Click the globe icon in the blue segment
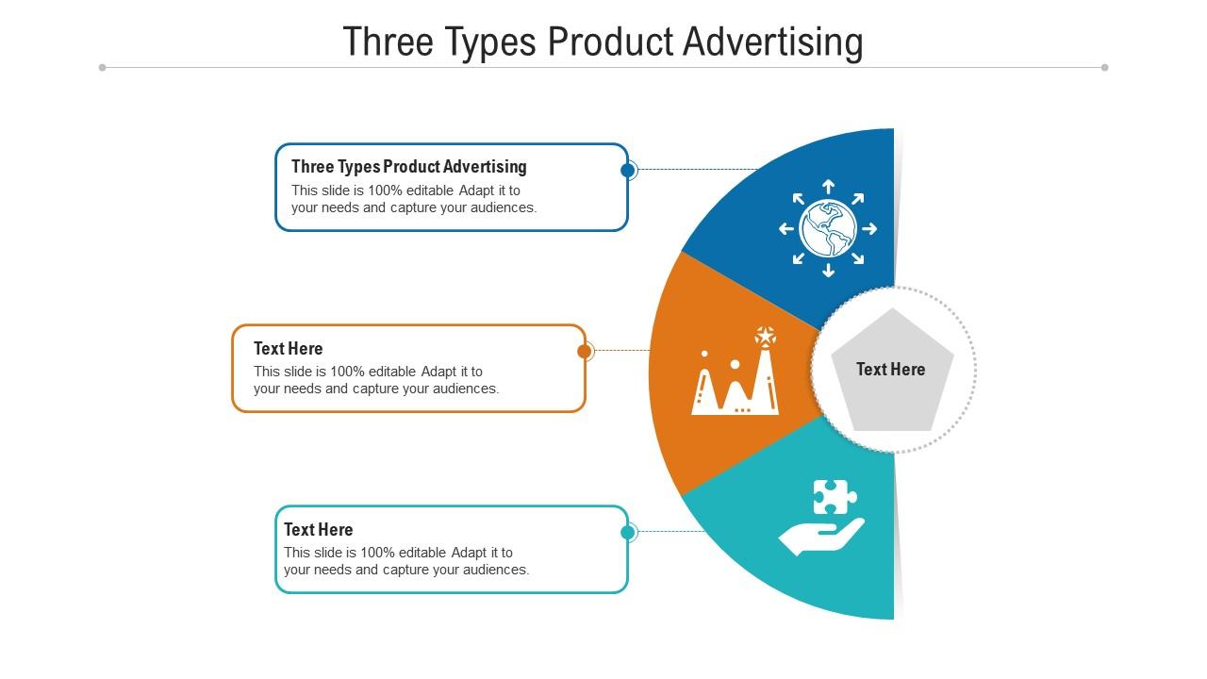828,228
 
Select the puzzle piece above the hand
835,497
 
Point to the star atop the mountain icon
766,336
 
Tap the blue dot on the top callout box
628,170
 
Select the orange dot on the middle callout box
585,352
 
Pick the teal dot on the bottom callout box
628,533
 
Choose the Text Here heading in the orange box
289,349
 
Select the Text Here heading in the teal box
319,530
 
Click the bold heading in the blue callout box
409,167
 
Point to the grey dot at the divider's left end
102,67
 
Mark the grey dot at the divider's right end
1104,67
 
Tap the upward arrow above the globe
828,186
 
